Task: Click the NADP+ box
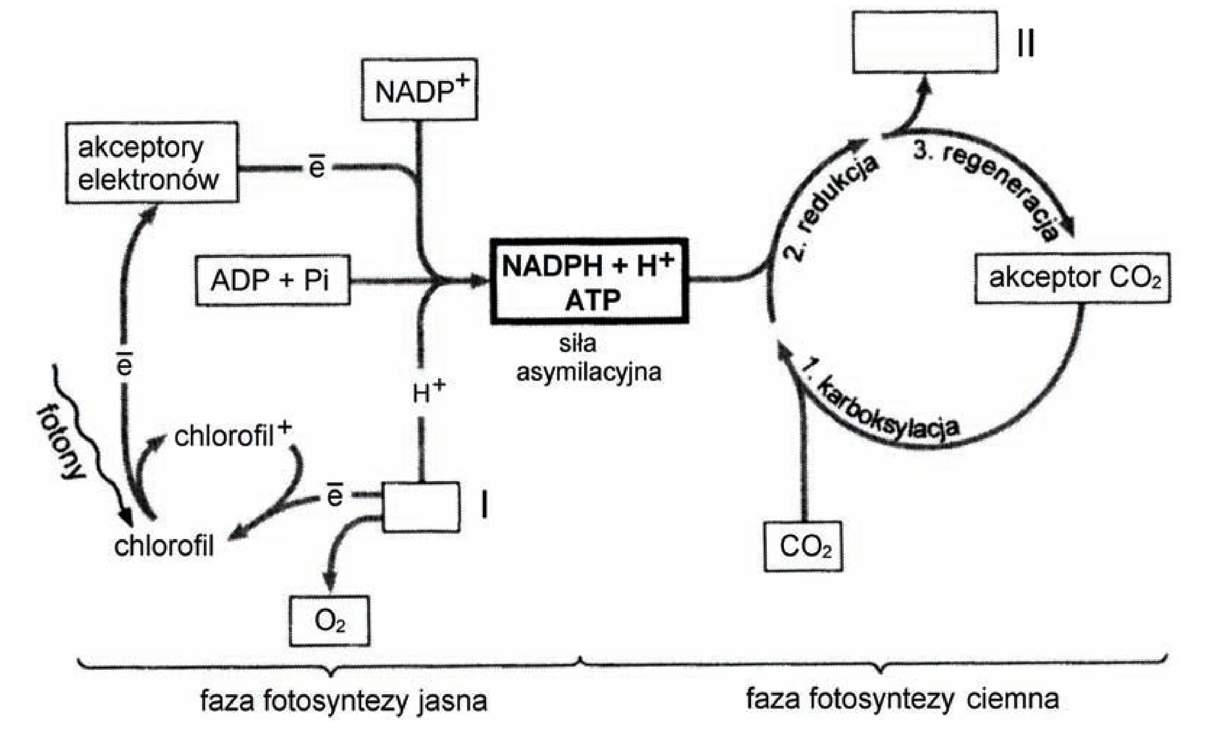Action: click(419, 90)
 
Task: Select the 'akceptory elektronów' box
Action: click(152, 162)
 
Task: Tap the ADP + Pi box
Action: click(272, 281)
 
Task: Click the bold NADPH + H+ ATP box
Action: click(590, 281)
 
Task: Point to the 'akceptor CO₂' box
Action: click(1072, 278)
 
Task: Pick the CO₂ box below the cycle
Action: click(803, 547)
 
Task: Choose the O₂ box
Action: click(329, 621)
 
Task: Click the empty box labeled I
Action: click(421, 507)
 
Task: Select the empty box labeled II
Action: click(925, 42)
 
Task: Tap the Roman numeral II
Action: click(1026, 43)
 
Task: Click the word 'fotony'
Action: click(60, 443)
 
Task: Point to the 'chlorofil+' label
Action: click(233, 435)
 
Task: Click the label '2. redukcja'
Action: click(830, 208)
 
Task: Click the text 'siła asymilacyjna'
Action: click(589, 357)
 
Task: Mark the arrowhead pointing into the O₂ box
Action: click(330, 580)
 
